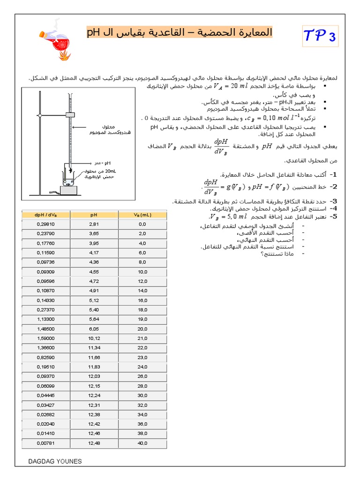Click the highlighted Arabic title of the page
pos(180,33)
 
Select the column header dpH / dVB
pos(45,215)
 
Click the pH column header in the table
pos(94,215)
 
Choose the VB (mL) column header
pos(142,215)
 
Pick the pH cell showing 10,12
pos(94,338)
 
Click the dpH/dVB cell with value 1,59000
pos(45,338)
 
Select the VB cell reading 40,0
pos(142,443)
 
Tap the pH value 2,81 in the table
pos(94,224)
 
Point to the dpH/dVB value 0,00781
pos(45,443)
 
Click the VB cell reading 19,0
pos(142,319)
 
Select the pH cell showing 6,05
pos(94,329)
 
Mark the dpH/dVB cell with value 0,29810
pos(45,224)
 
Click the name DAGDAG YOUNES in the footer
pos(55,462)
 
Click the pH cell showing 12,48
pos(94,443)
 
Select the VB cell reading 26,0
pos(142,376)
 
